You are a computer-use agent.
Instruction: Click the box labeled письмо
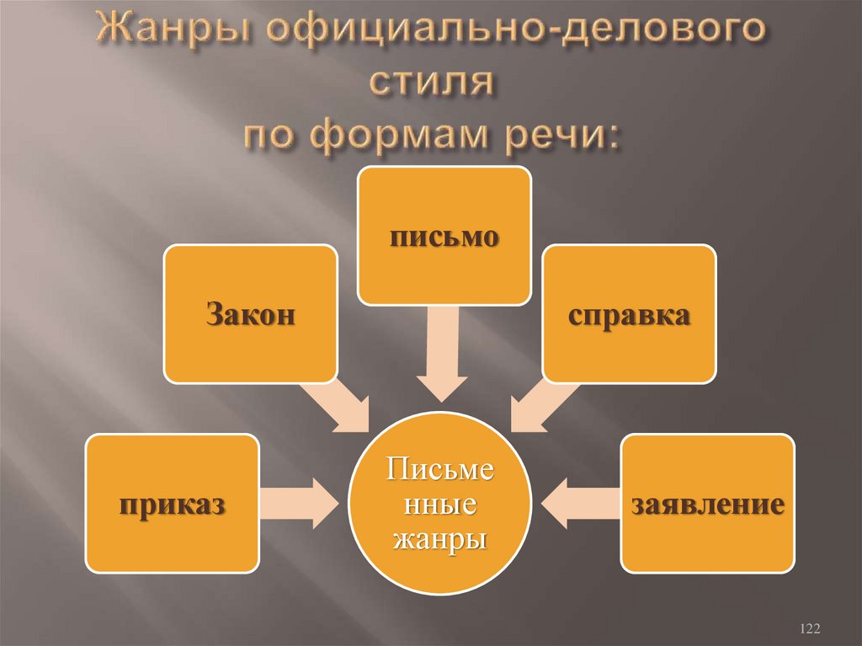444,235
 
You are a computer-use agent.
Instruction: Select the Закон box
250,314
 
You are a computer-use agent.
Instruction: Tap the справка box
629,314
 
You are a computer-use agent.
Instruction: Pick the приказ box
172,504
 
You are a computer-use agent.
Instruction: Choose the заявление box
707,504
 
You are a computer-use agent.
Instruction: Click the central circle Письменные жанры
440,503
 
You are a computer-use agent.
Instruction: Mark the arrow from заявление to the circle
581,504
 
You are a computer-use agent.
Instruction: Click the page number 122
810,628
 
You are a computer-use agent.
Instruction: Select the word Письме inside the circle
440,469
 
